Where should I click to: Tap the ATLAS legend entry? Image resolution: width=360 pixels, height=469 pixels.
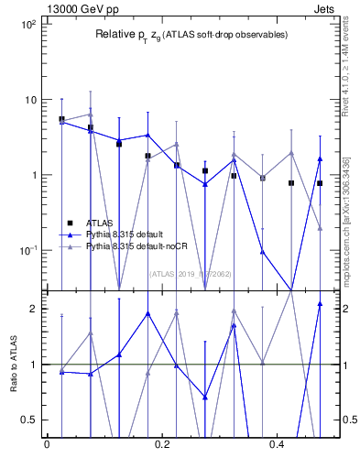coord(99,222)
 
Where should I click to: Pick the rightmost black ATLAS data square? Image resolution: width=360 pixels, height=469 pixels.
coord(320,183)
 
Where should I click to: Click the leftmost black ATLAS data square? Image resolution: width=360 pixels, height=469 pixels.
coord(61,119)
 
